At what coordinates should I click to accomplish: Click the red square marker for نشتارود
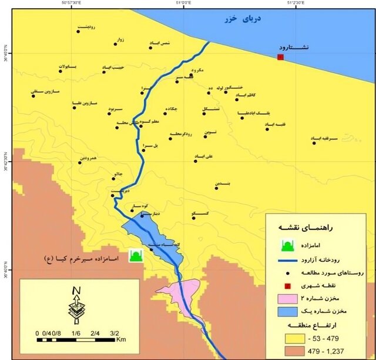point(280,57)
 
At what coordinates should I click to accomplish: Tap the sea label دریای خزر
point(242,19)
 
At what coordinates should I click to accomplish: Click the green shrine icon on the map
point(136,255)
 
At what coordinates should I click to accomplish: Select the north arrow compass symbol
point(76,306)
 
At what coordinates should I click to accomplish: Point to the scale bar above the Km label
point(76,339)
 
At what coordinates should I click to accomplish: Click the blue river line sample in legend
point(288,261)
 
